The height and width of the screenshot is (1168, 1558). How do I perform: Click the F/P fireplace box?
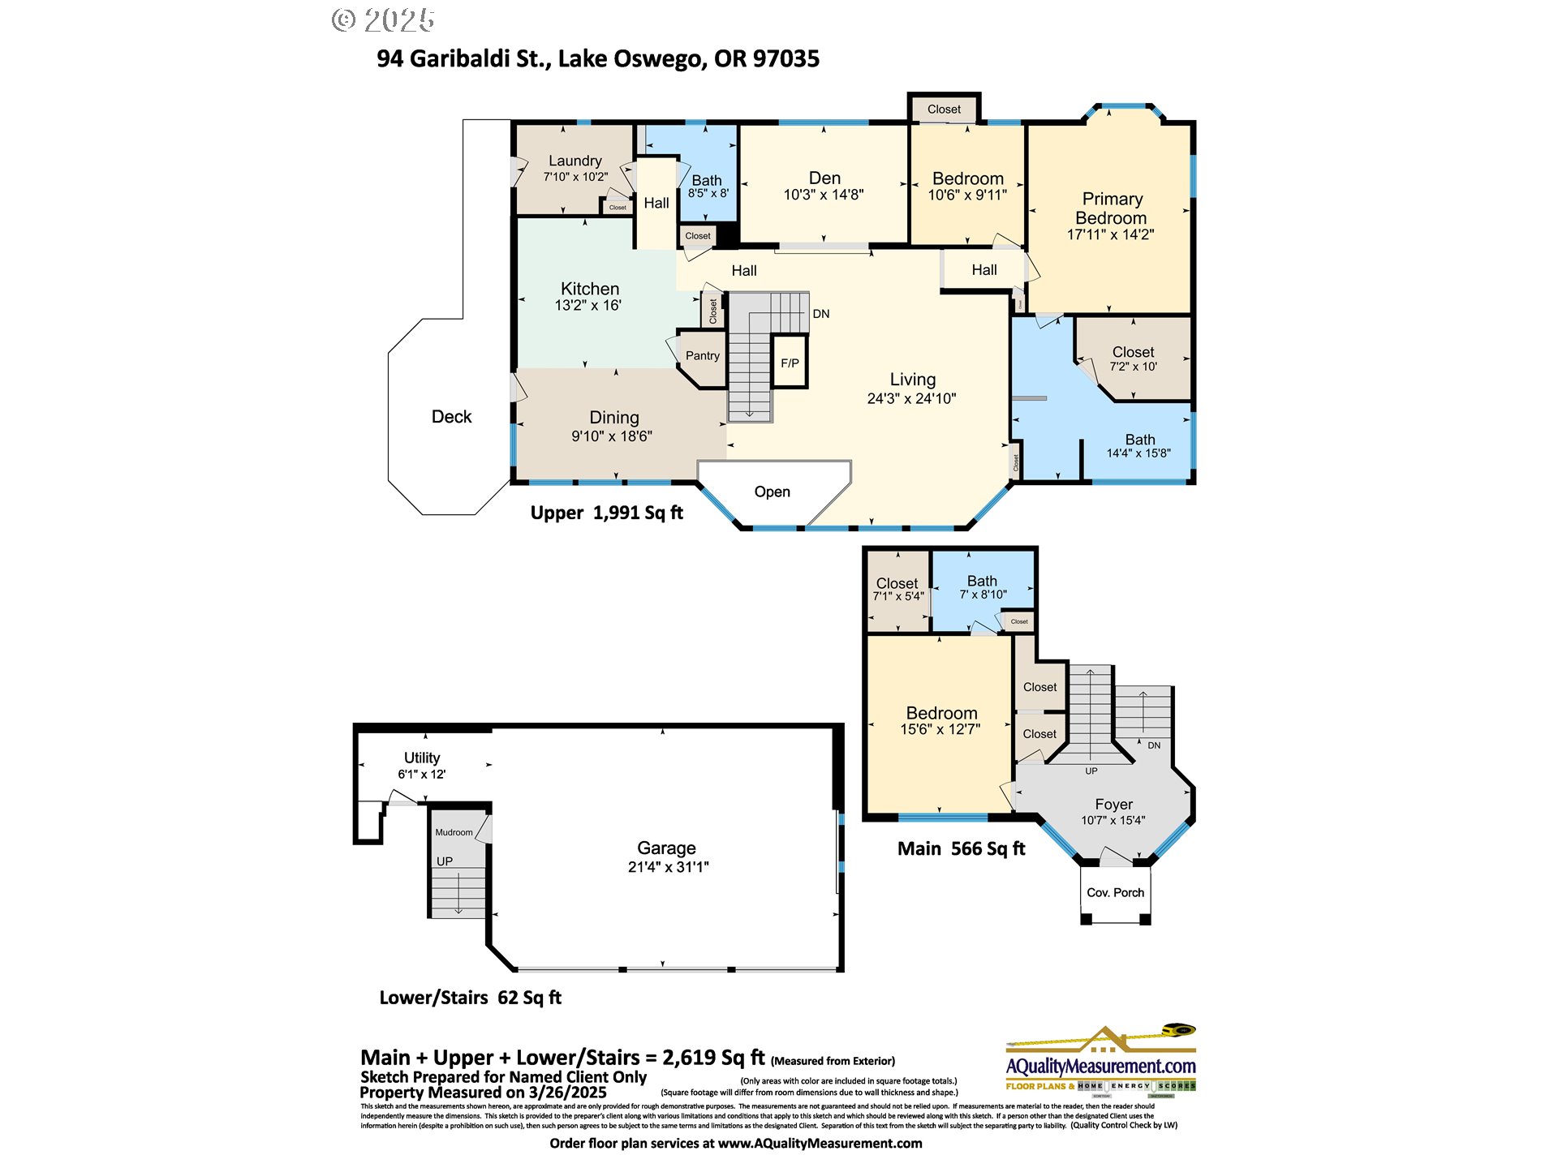[789, 363]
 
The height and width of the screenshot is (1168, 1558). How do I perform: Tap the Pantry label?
[702, 355]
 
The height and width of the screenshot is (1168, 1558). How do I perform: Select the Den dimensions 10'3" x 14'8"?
[823, 195]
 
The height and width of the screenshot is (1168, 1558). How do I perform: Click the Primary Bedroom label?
[1111, 208]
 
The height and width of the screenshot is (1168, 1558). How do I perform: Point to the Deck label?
[451, 416]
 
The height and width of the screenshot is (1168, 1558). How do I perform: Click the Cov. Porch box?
[1115, 892]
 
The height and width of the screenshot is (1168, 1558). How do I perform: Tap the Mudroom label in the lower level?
[454, 832]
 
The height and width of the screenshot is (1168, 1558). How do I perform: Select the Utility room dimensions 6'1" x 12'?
[421, 774]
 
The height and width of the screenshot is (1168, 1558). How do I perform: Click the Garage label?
[666, 848]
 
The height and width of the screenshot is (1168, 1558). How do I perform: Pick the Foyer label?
[1113, 804]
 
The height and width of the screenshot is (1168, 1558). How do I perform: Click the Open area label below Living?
[772, 492]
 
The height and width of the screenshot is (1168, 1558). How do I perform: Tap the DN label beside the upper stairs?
[821, 314]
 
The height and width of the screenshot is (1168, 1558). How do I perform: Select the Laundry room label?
[575, 161]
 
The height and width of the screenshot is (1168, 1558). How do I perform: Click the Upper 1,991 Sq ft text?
[606, 513]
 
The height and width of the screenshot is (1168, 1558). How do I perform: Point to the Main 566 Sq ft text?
[961, 848]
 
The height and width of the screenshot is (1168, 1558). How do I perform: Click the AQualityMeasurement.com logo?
[1100, 1064]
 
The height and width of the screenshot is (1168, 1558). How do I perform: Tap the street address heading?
[598, 58]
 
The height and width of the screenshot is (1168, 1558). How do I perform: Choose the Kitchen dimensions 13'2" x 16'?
[587, 306]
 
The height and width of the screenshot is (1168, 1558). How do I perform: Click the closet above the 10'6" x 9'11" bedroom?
[944, 109]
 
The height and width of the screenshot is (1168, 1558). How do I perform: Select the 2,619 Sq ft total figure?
[713, 1057]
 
